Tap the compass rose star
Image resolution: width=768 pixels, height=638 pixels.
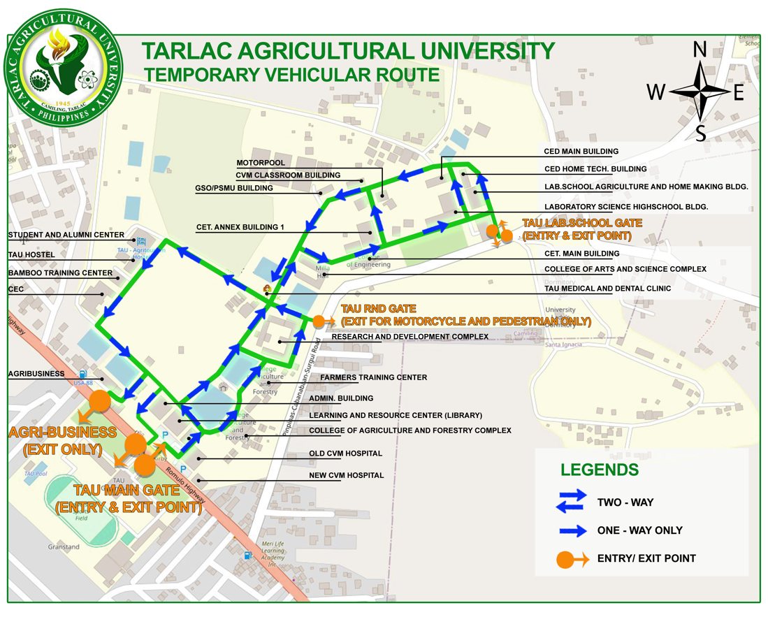click(x=700, y=92)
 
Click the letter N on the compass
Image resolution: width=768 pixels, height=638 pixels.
click(x=700, y=50)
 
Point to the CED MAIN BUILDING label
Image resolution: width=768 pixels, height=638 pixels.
click(x=581, y=151)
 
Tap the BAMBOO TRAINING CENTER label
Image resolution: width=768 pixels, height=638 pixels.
click(x=60, y=273)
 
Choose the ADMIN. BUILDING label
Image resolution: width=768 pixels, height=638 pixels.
click(x=341, y=398)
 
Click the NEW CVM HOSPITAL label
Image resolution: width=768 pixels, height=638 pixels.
click(x=346, y=475)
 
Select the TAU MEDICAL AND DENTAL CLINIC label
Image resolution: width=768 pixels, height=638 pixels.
click(x=607, y=288)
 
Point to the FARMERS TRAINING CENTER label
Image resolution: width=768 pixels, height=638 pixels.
click(x=373, y=377)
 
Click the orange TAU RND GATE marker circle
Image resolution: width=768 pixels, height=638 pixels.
click(x=319, y=321)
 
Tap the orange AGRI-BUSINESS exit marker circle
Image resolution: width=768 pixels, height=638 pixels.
click(x=99, y=401)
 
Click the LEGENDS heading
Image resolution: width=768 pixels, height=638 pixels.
click(x=599, y=470)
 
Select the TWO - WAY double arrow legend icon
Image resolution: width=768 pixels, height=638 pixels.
click(x=572, y=501)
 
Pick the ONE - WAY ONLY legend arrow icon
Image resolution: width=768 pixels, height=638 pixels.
click(x=572, y=530)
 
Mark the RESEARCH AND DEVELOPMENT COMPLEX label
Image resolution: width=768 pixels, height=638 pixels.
click(x=410, y=336)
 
